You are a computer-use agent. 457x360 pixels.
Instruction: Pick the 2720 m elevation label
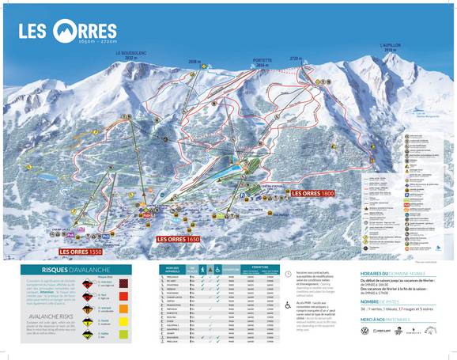[296, 59]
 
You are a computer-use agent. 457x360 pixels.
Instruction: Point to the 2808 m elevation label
[195, 60]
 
